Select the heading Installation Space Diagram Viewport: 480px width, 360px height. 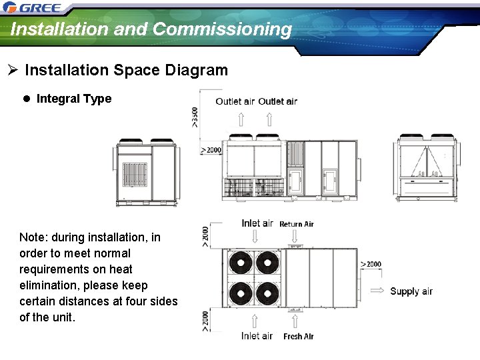[126, 70]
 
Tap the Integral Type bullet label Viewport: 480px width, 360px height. [74, 99]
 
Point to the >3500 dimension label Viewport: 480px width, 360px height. [194, 117]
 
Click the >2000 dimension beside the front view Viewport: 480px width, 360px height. [211, 150]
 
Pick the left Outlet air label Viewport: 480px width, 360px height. [235, 101]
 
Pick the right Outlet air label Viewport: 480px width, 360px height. [277, 101]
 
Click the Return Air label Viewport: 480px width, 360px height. [296, 224]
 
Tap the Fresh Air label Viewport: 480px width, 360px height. [298, 337]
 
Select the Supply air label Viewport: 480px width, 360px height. [411, 291]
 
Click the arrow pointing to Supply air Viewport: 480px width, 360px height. [377, 291]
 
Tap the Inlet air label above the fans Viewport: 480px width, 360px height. [257, 223]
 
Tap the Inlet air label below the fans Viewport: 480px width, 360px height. [257, 336]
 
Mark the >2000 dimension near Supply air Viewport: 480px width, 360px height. [371, 264]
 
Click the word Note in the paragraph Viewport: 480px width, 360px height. [33, 237]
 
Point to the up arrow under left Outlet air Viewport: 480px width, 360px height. [241, 119]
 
